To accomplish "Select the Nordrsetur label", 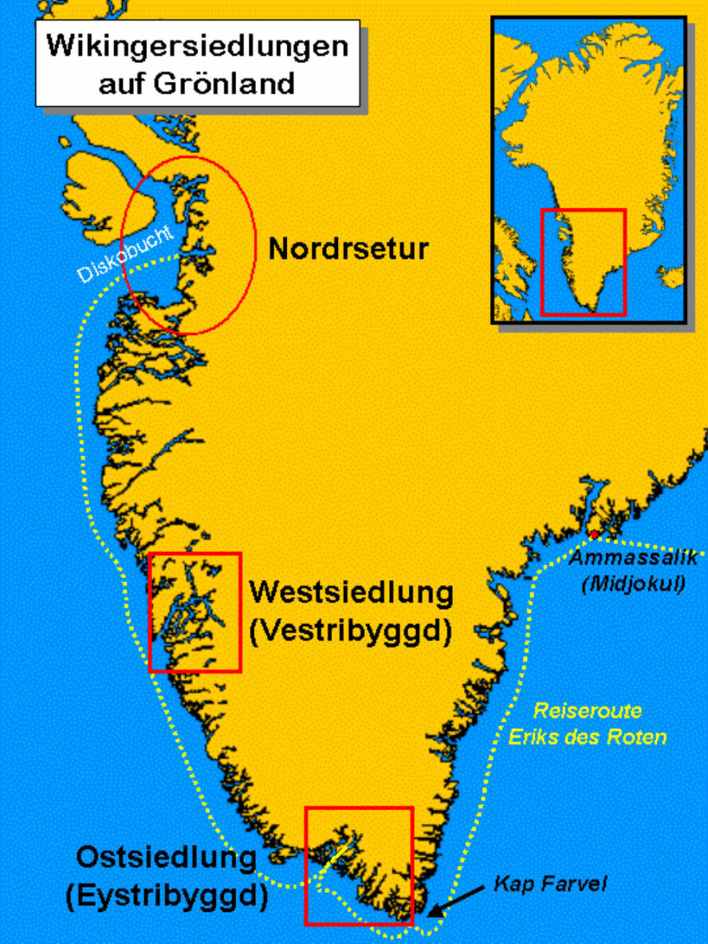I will click(348, 249).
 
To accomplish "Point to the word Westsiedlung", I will click(351, 593).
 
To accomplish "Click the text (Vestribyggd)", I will click(351, 631).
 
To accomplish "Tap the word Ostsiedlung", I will click(166, 859).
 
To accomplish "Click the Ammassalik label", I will click(634, 557).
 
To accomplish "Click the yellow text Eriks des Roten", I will click(587, 737).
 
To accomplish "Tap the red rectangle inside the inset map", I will click(583, 210).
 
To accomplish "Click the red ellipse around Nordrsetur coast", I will click(254, 239).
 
